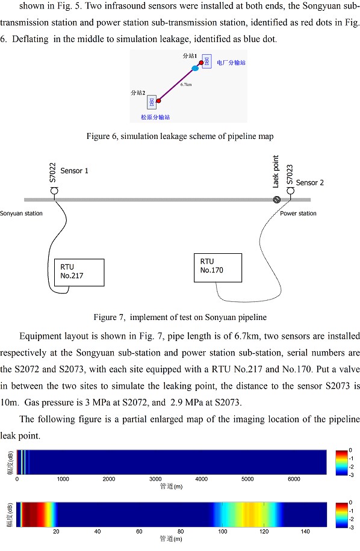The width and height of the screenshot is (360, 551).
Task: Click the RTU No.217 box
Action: [x=79, y=272]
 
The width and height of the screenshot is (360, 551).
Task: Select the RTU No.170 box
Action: [x=218, y=268]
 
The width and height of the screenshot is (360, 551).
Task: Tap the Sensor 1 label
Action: [x=74, y=171]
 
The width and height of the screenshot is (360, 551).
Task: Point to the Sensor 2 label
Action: [x=309, y=183]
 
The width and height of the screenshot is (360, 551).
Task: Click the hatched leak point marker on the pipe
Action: [x=277, y=200]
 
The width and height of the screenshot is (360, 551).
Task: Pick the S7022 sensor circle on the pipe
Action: [x=55, y=191]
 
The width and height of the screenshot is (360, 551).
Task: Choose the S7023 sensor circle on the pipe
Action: [x=290, y=191]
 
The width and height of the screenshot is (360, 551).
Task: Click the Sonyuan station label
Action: [x=21, y=214]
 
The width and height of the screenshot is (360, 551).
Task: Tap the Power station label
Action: [x=298, y=214]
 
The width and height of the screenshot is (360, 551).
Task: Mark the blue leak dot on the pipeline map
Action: [x=195, y=68]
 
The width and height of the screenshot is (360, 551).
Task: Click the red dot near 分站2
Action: [x=158, y=101]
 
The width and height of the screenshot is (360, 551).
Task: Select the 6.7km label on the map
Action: [x=186, y=85]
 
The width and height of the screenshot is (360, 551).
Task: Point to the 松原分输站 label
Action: [x=155, y=117]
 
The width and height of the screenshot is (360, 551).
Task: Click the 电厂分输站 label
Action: [x=231, y=63]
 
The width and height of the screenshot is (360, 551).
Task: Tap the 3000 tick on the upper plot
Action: [x=155, y=479]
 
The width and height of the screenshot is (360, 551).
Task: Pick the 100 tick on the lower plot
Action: [x=223, y=531]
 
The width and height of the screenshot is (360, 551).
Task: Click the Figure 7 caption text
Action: [x=180, y=318]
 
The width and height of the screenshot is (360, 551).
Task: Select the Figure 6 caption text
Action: [x=180, y=137]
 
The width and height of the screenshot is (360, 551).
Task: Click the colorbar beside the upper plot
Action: [x=342, y=463]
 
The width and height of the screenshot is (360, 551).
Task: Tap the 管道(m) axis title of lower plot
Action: [x=171, y=538]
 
